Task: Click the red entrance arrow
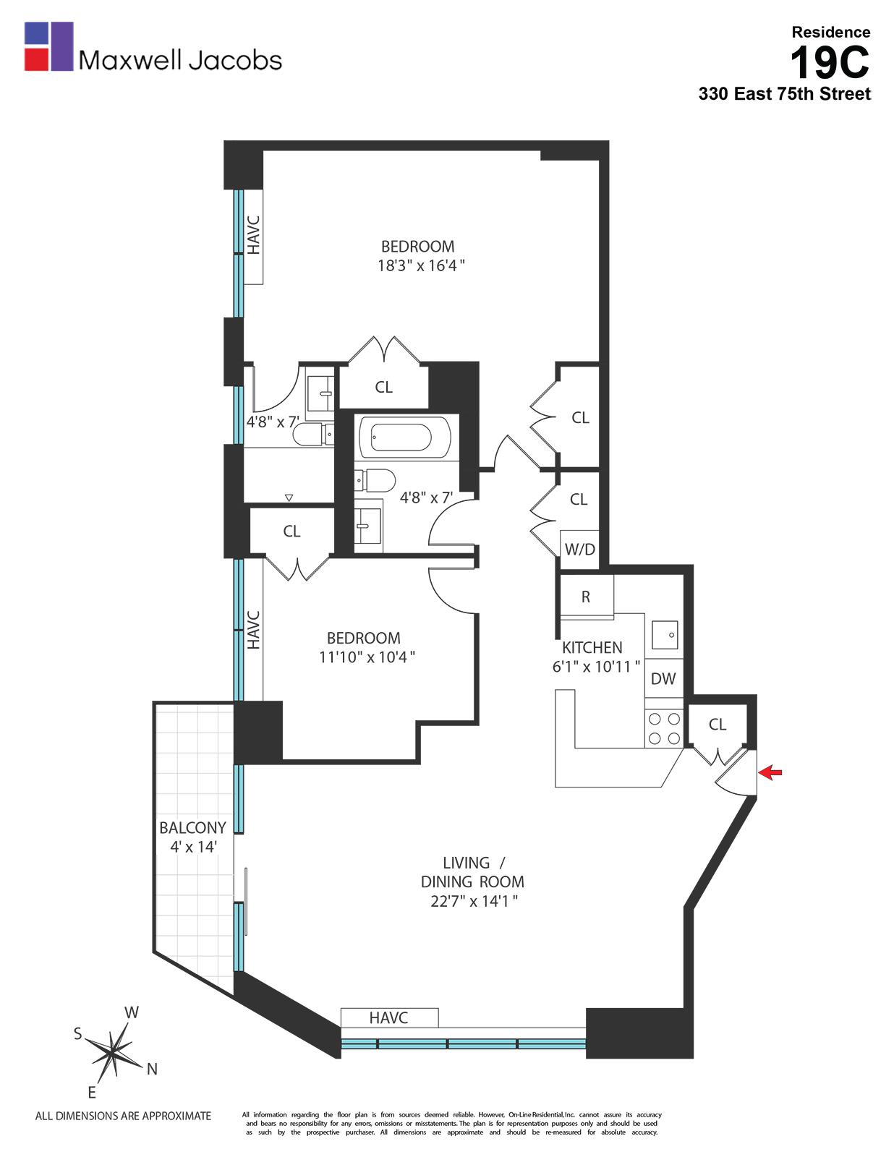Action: click(x=772, y=773)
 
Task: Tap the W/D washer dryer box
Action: click(x=579, y=549)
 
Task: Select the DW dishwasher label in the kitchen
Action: click(x=663, y=678)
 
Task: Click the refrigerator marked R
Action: click(x=586, y=597)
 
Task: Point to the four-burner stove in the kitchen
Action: click(x=664, y=728)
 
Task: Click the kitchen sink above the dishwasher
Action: click(x=664, y=635)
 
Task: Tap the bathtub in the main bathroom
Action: click(x=401, y=437)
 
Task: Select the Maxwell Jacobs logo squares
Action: click(x=48, y=46)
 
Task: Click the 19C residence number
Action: click(x=829, y=62)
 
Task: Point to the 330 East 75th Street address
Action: click(x=784, y=94)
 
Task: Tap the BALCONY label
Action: click(x=192, y=827)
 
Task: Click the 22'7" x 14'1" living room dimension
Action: click(x=472, y=901)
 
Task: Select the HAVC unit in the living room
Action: click(x=389, y=1017)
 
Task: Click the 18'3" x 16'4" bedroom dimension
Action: click(x=420, y=265)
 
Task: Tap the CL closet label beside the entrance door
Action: click(x=717, y=724)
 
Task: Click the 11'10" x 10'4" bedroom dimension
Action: click(x=367, y=657)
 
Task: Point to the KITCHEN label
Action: click(x=592, y=647)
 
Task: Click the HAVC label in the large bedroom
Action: click(x=253, y=235)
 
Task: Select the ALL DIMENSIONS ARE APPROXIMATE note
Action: click(x=123, y=1116)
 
